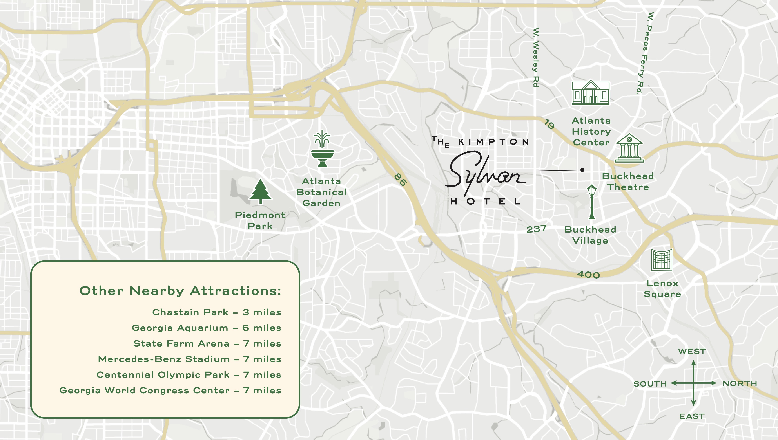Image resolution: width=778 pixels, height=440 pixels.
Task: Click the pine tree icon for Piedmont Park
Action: click(260, 191)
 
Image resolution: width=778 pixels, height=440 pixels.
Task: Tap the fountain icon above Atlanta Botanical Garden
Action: click(323, 149)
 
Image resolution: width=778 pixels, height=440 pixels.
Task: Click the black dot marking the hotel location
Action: click(582, 170)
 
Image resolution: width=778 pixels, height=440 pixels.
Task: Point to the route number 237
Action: click(536, 229)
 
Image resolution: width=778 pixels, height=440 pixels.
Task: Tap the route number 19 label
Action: click(549, 124)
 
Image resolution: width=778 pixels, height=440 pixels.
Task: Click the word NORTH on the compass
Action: click(740, 383)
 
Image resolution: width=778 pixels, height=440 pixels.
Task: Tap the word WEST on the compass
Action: click(692, 351)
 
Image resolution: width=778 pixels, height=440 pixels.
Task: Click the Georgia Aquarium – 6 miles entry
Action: click(206, 328)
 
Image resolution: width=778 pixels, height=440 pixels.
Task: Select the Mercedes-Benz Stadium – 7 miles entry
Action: click(189, 359)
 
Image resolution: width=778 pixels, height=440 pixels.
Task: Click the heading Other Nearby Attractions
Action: click(180, 291)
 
